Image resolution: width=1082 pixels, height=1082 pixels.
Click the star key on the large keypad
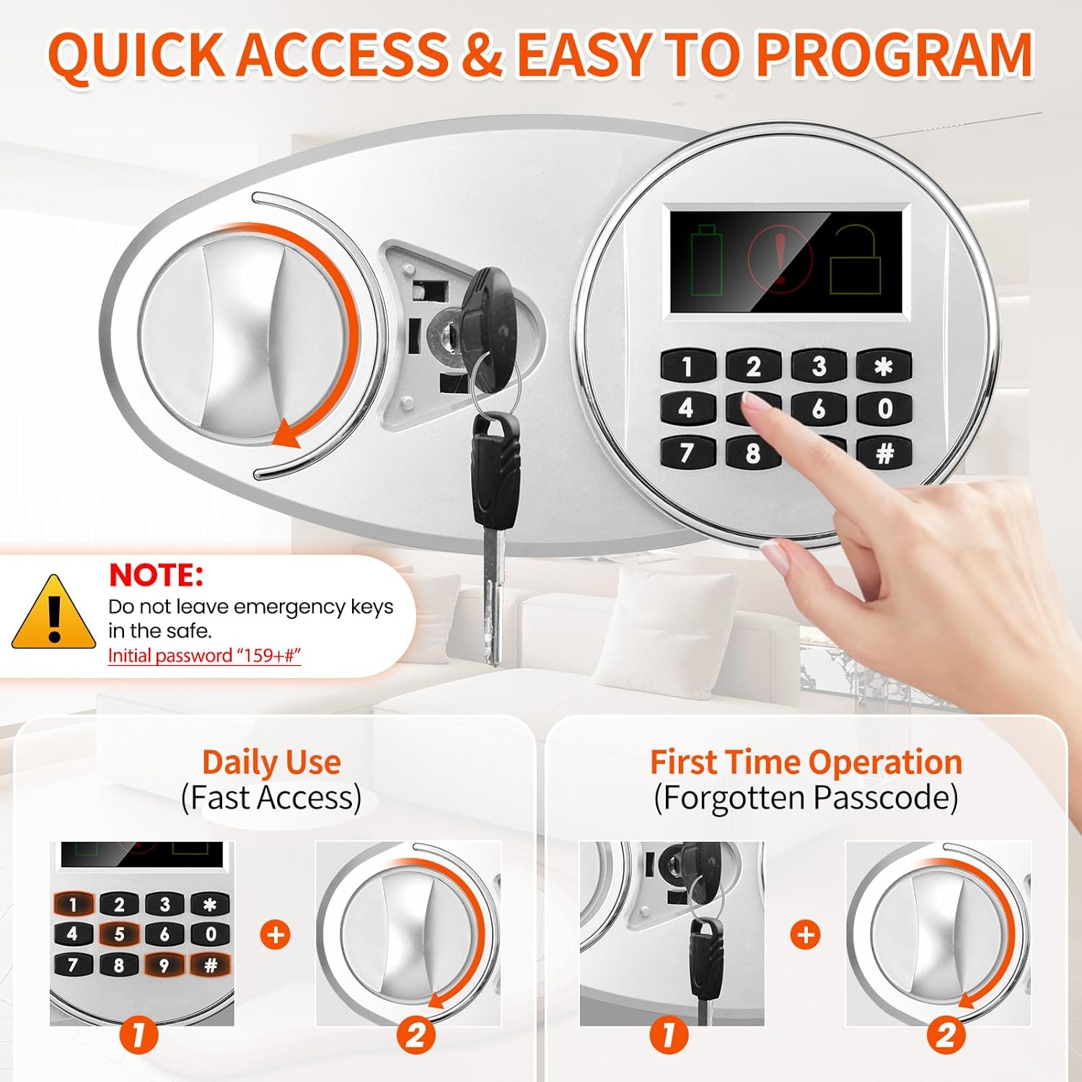(x=884, y=366)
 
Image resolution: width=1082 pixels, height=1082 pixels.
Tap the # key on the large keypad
(x=884, y=453)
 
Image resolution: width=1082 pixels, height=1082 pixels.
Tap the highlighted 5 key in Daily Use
(x=119, y=934)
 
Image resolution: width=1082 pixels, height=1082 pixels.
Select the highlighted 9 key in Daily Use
(x=164, y=965)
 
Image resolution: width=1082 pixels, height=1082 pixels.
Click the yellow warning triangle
(x=53, y=612)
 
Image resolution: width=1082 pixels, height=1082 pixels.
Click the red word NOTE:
(x=156, y=575)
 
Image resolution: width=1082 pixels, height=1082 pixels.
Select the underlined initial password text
(x=204, y=655)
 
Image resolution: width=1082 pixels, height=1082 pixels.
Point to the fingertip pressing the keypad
(x=755, y=404)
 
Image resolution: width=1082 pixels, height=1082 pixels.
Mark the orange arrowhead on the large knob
(x=287, y=433)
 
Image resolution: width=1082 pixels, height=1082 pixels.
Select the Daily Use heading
(x=271, y=762)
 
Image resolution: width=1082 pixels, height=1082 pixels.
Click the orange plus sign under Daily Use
(x=275, y=935)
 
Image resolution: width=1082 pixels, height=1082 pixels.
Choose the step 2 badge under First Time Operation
(x=946, y=1035)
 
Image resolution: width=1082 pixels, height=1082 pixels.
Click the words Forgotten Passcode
(x=806, y=798)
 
